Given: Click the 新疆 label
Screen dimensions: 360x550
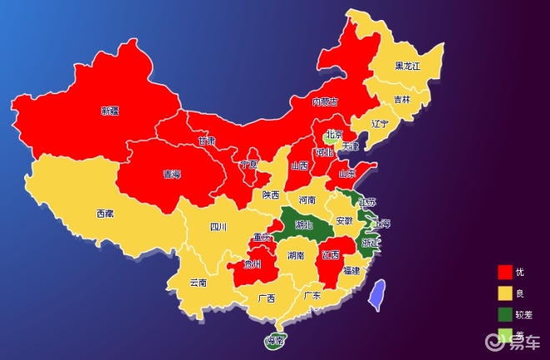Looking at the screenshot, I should (110, 110).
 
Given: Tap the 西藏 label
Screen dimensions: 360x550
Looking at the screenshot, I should (105, 213).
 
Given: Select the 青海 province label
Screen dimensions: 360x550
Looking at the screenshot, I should (172, 175).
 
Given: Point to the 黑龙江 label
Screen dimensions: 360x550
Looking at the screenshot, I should (409, 66).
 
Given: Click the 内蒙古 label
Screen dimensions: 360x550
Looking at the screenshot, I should (325, 102).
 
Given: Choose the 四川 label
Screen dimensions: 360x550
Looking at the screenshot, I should (218, 226).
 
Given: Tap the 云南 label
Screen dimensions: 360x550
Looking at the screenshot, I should (198, 282).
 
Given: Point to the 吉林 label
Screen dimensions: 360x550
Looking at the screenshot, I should (402, 99).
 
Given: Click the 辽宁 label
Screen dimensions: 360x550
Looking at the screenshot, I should (380, 124).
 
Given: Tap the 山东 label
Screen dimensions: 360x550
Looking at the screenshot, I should (347, 173).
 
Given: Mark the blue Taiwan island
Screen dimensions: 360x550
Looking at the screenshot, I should (377, 293).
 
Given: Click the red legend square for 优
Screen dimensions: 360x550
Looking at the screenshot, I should (504, 272).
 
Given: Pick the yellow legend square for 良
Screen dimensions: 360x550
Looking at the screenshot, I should (504, 293).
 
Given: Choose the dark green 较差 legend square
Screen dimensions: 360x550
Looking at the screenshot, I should (504, 314).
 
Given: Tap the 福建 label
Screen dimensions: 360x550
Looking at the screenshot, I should (352, 271).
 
